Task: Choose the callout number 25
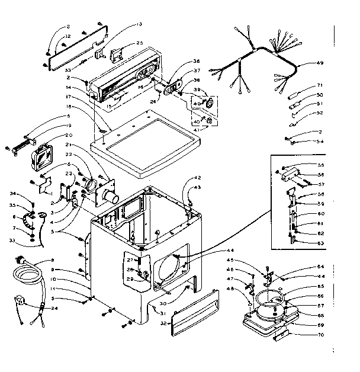coord(140,43)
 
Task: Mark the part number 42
coord(198,178)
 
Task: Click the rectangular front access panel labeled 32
coord(189,308)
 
